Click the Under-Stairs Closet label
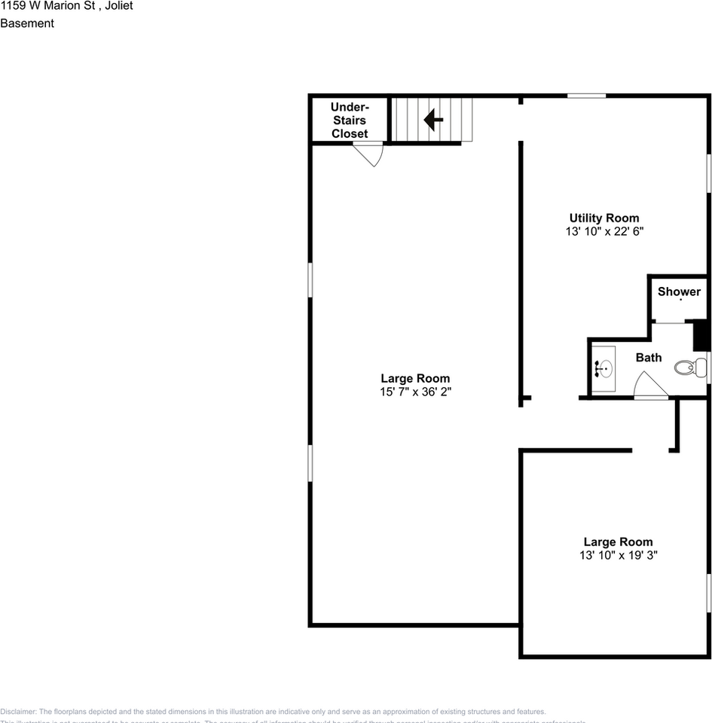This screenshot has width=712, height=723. [x=349, y=120]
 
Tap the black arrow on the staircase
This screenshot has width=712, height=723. [x=433, y=119]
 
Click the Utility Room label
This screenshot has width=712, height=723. [x=604, y=218]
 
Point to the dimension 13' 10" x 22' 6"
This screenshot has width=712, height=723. [x=604, y=232]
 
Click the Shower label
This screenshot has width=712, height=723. [x=679, y=291]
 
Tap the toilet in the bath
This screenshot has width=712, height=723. [x=689, y=368]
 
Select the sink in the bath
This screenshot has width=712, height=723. [x=604, y=368]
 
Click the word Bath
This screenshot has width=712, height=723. [x=648, y=358]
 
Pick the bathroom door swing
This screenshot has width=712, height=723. [x=649, y=386]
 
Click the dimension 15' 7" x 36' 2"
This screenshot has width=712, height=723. [x=415, y=392]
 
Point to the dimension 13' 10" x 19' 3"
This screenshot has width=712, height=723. [x=618, y=556]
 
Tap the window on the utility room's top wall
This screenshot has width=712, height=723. [x=586, y=96]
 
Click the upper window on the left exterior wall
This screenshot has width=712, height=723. [x=310, y=279]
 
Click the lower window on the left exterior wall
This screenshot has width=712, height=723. [x=310, y=462]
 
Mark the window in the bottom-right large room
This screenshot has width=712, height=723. [x=708, y=592]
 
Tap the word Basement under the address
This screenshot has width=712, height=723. [x=27, y=23]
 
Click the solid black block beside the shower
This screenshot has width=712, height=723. [x=699, y=335]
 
